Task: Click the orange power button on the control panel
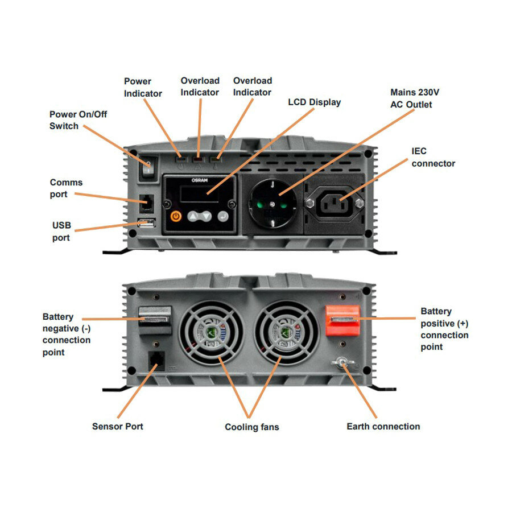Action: tap(176, 216)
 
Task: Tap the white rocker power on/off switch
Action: tap(148, 167)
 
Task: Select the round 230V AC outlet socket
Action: tap(271, 203)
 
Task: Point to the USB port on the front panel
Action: tap(145, 224)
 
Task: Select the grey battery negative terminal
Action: tap(155, 320)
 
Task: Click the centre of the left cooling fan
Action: tap(211, 333)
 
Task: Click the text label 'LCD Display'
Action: tap(314, 102)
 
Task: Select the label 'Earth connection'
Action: tap(383, 426)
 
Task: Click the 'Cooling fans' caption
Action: tap(251, 427)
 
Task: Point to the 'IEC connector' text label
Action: tap(433, 158)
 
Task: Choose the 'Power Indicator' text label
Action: tap(143, 87)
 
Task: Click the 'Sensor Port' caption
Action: tap(117, 426)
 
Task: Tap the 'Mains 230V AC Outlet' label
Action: tap(415, 98)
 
